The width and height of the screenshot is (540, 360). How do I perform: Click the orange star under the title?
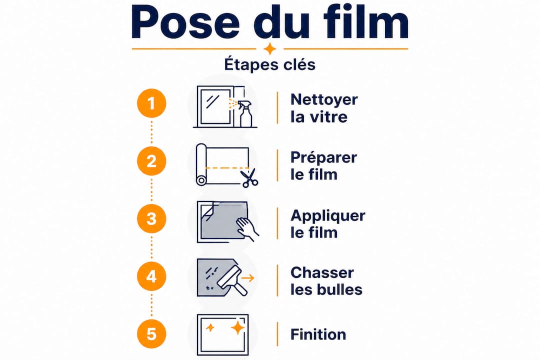270,48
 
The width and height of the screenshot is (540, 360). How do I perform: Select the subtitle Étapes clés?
269,64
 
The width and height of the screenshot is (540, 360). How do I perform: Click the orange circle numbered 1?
151,103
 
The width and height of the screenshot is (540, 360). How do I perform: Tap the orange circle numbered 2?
151,161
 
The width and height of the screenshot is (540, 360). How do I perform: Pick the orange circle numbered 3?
151,219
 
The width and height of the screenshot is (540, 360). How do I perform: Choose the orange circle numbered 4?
151,276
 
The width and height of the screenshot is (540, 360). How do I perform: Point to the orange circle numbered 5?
151,334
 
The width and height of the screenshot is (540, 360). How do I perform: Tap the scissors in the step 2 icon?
249,178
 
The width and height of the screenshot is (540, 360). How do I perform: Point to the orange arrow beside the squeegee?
247,278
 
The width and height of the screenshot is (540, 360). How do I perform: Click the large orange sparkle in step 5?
237,327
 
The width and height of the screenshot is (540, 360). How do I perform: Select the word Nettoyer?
324,100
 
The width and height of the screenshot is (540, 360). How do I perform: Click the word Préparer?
323,158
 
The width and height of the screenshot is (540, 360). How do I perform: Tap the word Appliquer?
328,216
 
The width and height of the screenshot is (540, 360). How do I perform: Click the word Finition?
318,334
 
